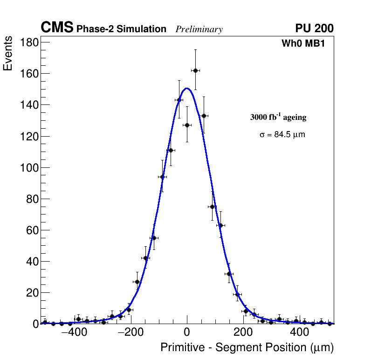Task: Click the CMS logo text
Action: click(57, 28)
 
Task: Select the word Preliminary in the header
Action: click(199, 29)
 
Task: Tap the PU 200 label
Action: click(314, 28)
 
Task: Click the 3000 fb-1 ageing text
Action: click(278, 117)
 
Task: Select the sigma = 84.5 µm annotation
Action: click(282, 135)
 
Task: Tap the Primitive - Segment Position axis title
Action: click(247, 347)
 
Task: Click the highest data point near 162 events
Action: click(195, 70)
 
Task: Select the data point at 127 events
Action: click(187, 125)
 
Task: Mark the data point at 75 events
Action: click(212, 207)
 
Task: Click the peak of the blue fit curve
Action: click(186, 88)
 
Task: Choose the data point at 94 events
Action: click(162, 177)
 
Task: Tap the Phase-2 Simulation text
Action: click(121, 29)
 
